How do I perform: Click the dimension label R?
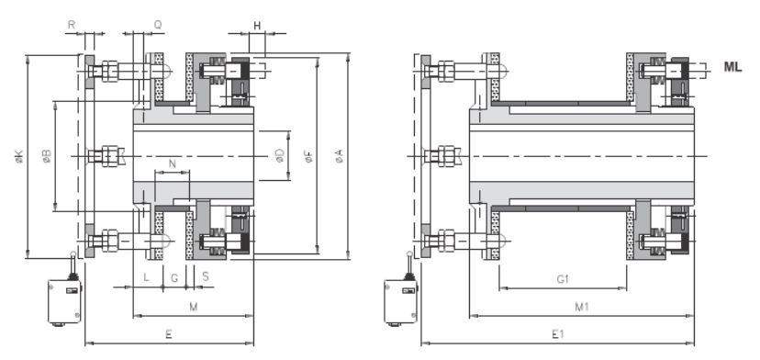(72, 25)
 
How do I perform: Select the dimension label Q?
(158, 25)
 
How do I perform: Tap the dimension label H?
(257, 26)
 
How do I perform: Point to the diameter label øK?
(18, 156)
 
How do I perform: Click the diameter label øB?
(47, 156)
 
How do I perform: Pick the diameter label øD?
(280, 156)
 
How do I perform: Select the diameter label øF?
(308, 156)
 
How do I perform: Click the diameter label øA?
(340, 156)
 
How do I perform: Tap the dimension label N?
(172, 163)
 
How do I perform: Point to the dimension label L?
(146, 277)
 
